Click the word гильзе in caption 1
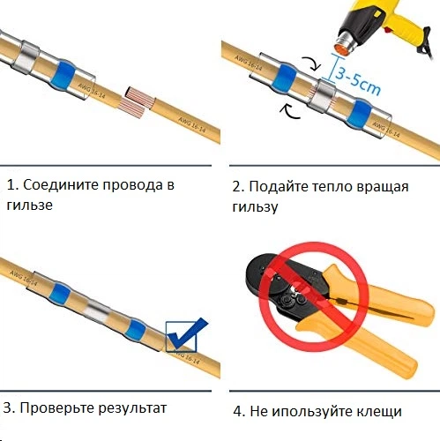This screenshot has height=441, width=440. tap(30, 206)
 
